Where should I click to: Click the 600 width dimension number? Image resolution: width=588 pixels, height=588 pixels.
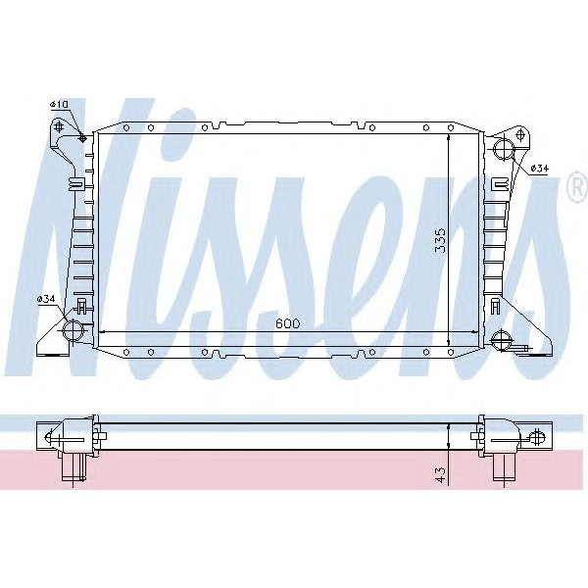coord(287,323)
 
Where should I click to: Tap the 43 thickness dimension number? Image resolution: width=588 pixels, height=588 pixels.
coord(441,475)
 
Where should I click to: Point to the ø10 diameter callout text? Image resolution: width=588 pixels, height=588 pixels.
coord(58,104)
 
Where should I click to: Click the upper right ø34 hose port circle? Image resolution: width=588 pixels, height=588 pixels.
coord(503,150)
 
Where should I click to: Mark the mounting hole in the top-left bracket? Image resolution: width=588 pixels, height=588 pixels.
coord(60,125)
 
